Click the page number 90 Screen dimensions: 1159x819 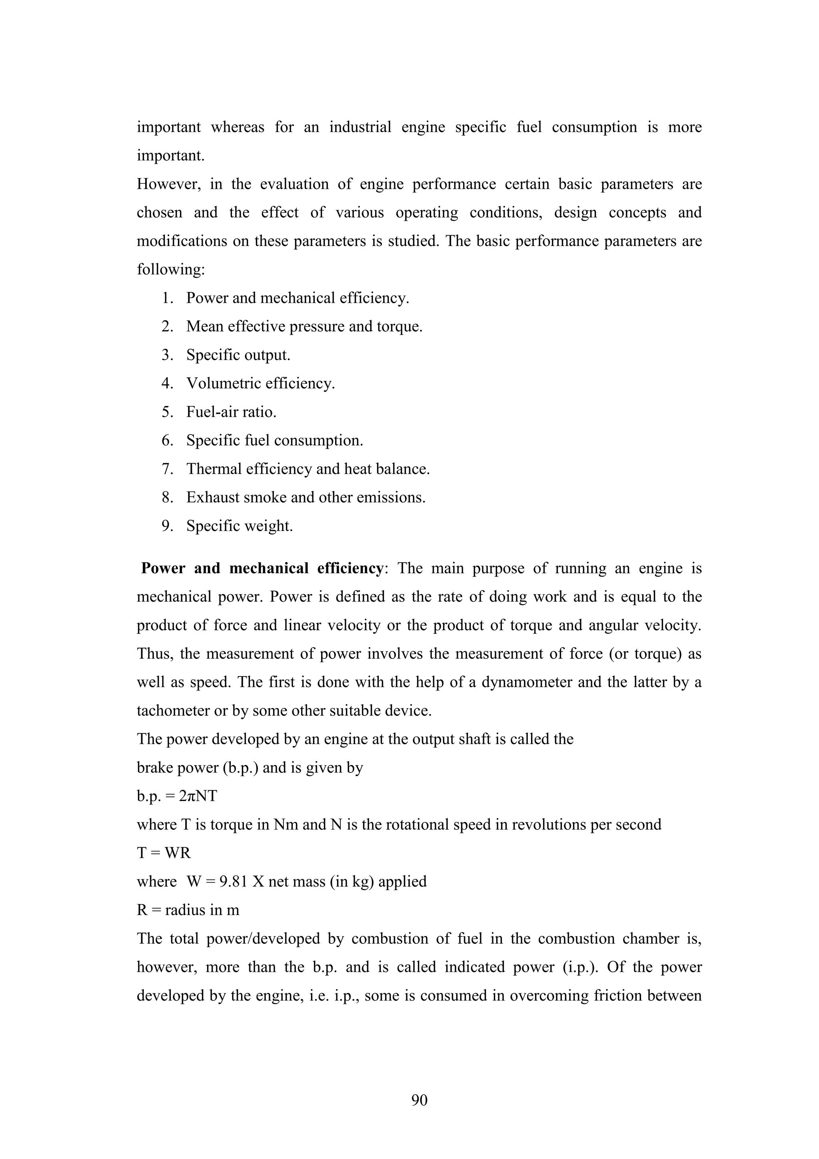point(419,1100)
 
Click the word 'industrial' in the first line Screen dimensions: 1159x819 point(360,127)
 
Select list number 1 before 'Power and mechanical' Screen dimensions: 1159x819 point(168,298)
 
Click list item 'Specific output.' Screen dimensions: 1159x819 point(238,355)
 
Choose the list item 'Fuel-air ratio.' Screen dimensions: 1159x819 point(231,412)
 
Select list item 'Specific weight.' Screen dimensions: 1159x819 point(239,526)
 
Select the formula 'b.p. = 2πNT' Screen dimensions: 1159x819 point(177,797)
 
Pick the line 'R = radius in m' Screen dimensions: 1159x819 point(188,911)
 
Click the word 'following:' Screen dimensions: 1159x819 point(171,270)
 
